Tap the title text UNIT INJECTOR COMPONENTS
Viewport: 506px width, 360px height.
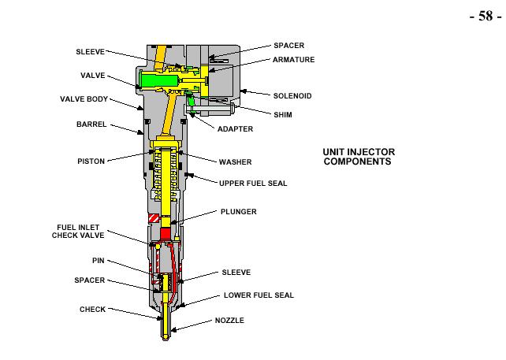[x=359, y=157]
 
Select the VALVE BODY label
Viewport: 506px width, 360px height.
[x=84, y=100]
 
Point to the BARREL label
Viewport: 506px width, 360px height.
[x=91, y=124]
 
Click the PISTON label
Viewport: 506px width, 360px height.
[x=91, y=161]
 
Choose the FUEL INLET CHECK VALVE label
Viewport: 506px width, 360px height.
[x=78, y=231]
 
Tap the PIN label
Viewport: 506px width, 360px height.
[x=99, y=260]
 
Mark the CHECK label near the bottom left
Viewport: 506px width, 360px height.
[x=92, y=310]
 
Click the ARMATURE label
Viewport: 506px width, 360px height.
[x=293, y=60]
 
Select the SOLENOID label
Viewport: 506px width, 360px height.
[x=292, y=96]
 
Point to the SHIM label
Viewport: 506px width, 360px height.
[x=282, y=113]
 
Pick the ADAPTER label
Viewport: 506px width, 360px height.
[x=235, y=129]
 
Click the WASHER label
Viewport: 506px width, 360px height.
[x=235, y=162]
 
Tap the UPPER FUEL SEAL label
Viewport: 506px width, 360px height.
[x=253, y=184]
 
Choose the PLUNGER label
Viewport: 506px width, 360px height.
[x=238, y=212]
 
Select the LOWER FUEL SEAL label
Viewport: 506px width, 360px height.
[x=259, y=295]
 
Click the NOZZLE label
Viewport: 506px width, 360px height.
[x=229, y=321]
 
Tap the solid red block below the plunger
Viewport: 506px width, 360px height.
[x=166, y=233]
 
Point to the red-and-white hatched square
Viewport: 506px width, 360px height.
[x=154, y=218]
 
